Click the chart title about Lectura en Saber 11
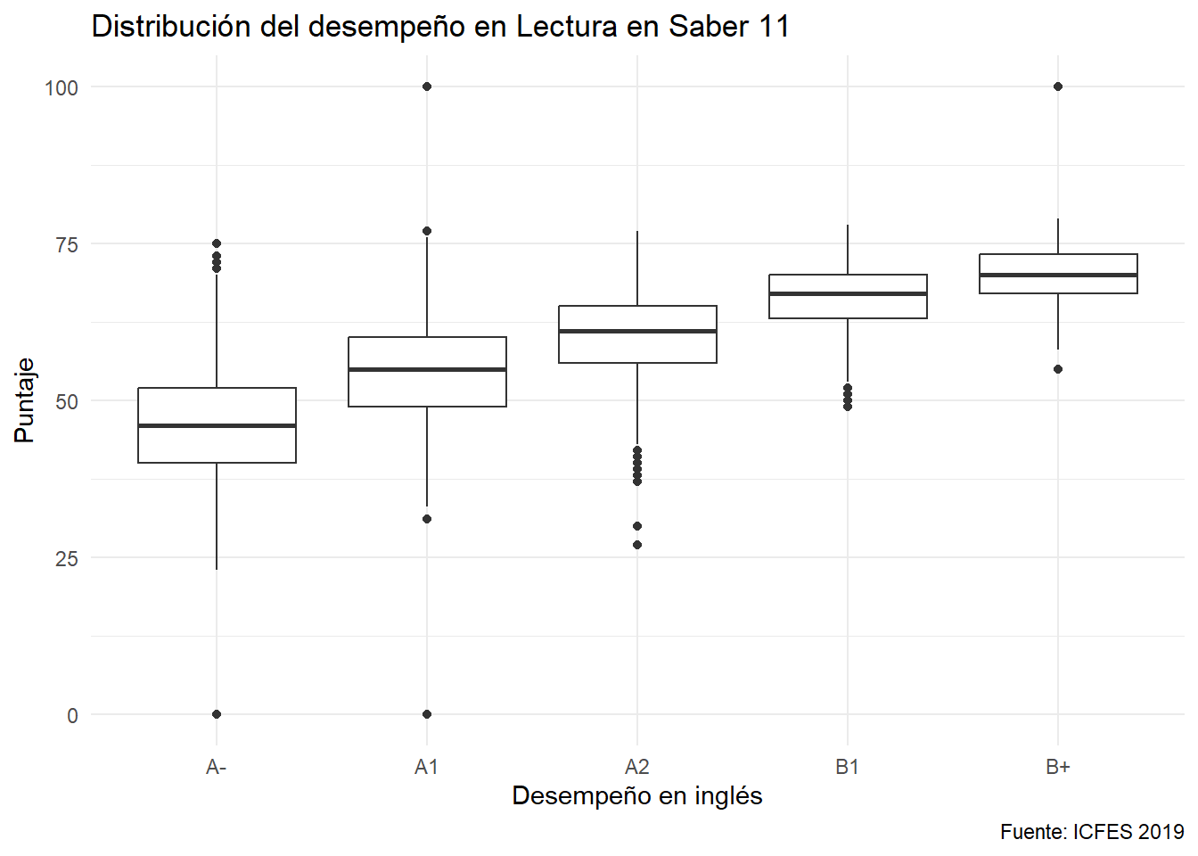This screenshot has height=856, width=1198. point(440,27)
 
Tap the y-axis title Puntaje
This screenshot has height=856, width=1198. point(24,400)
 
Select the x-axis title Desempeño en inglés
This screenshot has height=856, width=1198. point(636,795)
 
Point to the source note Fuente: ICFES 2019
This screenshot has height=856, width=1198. point(1091,832)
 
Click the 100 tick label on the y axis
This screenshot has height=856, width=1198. point(62,87)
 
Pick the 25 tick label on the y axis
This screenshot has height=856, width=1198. point(67,558)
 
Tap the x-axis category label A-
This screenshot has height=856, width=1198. point(216,767)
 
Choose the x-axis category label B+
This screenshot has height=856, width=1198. point(1057,767)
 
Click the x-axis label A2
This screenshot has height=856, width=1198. point(636,767)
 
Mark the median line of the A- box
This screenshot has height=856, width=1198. point(217,425)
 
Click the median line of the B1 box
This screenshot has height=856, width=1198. point(848,293)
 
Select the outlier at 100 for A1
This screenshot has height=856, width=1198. point(427,86)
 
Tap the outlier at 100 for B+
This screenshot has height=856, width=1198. point(1058,86)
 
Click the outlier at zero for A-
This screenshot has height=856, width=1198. point(217,714)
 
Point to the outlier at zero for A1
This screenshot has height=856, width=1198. point(427,714)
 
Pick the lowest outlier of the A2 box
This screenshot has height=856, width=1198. point(637,545)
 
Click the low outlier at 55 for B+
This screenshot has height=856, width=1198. point(1058,369)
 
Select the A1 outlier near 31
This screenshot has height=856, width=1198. point(427,519)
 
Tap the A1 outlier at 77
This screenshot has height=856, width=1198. point(427,231)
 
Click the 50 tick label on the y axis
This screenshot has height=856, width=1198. point(67,401)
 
